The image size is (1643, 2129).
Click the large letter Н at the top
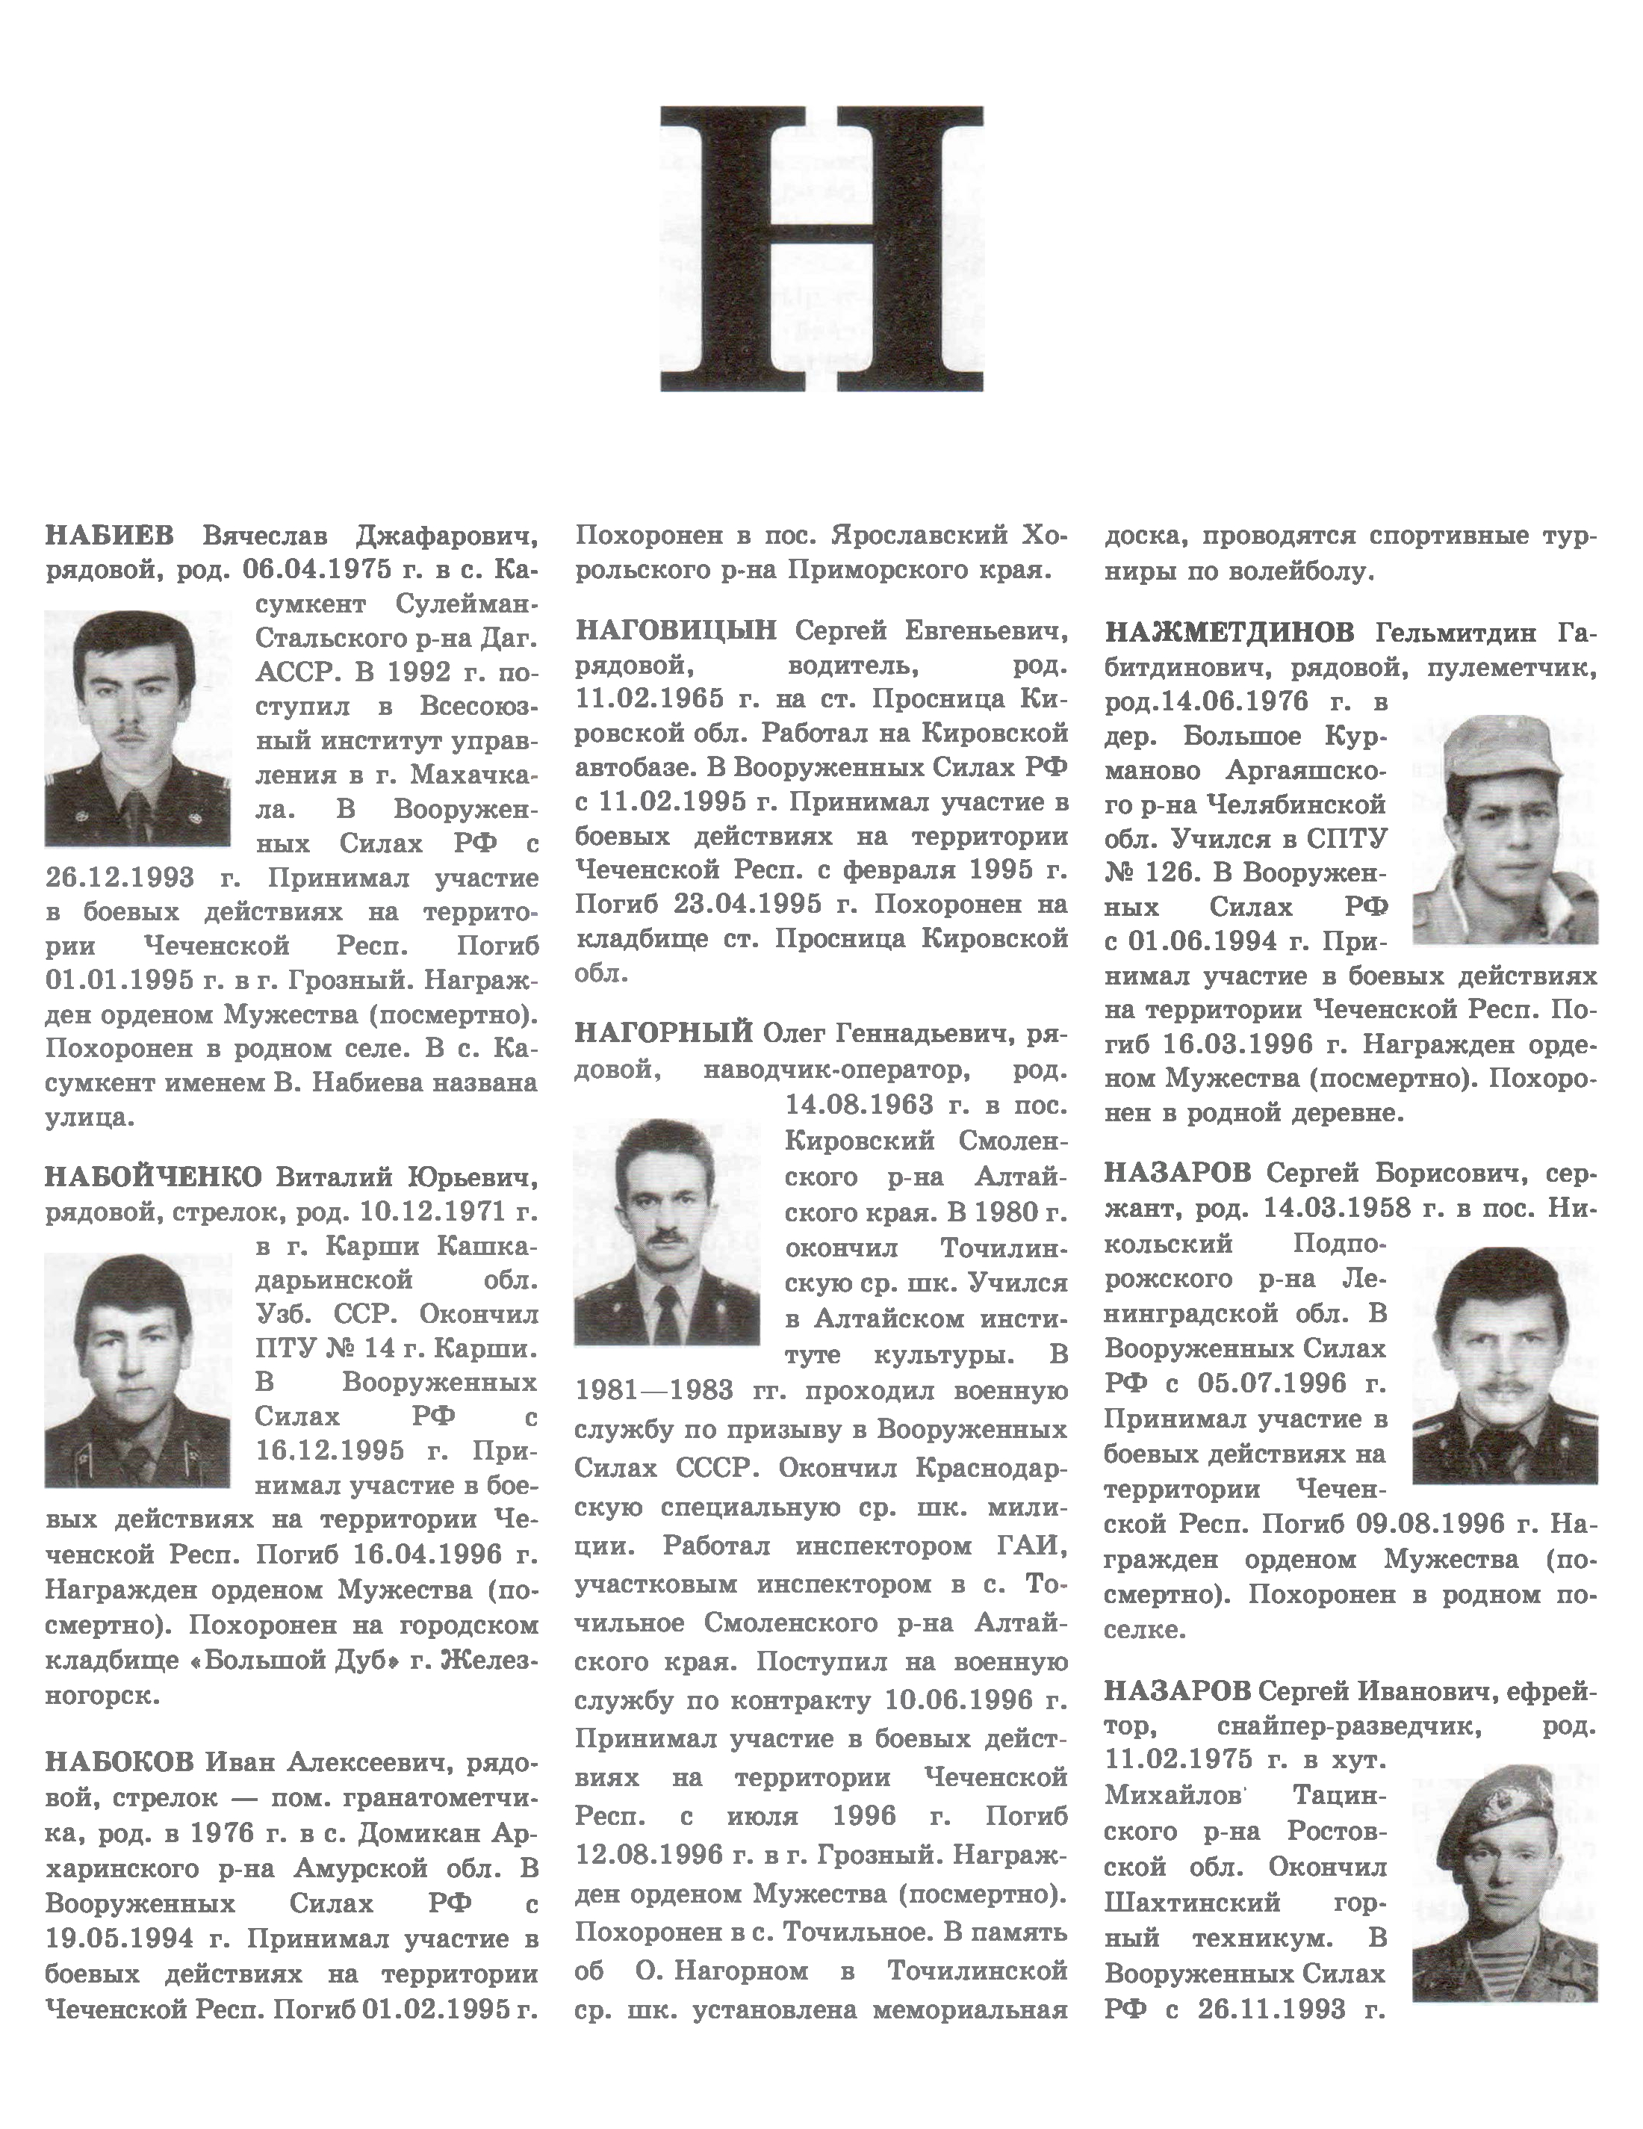821,249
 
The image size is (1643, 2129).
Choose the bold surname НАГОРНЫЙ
664,1032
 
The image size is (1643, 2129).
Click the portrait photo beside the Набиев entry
137,728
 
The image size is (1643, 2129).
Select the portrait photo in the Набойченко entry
137,1369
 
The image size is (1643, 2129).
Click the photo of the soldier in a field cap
1505,830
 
